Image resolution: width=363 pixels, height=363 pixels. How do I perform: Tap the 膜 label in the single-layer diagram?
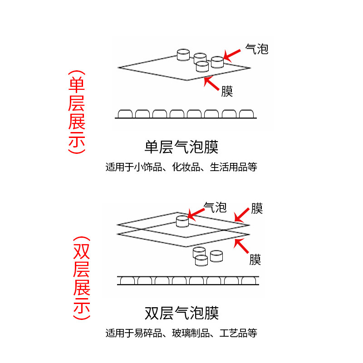pyautogui.click(x=227, y=92)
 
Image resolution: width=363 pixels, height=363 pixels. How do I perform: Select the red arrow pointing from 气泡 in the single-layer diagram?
pyautogui.click(x=232, y=54)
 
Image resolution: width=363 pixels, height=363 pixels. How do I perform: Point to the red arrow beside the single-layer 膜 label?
pyautogui.click(x=212, y=85)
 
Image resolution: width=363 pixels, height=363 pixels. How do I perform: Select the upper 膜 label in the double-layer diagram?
pyautogui.click(x=256, y=209)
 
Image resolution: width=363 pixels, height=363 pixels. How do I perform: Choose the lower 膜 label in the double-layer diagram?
pyautogui.click(x=255, y=260)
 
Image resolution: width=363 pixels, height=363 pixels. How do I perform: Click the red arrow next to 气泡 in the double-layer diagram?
pyautogui.click(x=196, y=212)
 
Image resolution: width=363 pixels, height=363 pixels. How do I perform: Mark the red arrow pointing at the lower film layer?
pyautogui.click(x=241, y=246)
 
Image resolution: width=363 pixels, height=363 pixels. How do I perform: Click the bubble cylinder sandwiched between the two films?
pyautogui.click(x=182, y=221)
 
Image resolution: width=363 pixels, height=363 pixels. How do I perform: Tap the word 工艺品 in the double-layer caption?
pyautogui.click(x=233, y=334)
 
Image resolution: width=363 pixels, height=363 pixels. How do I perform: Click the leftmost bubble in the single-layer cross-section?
pyautogui.click(x=125, y=113)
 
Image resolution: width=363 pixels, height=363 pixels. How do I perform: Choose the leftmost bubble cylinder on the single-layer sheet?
pyautogui.click(x=183, y=55)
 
